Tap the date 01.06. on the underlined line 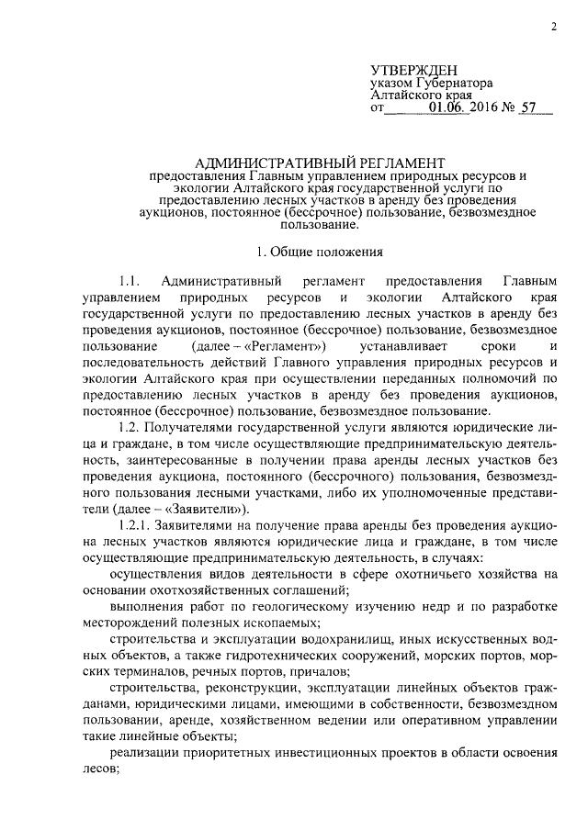448,109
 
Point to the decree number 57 527,109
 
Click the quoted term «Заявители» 208,511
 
